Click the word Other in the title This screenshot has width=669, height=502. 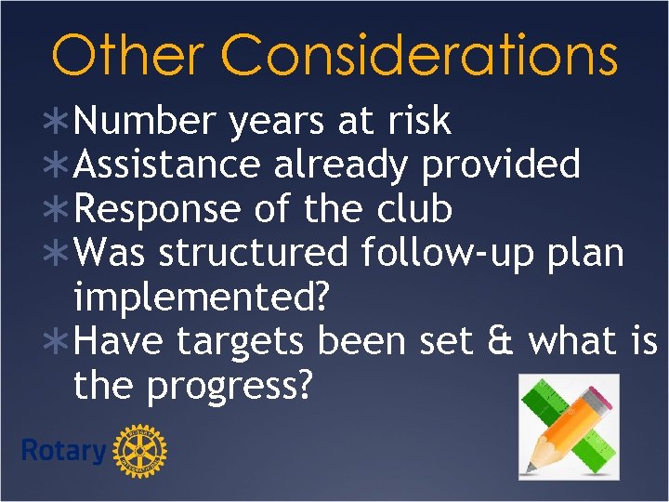[125, 55]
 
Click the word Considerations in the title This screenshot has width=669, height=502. [419, 55]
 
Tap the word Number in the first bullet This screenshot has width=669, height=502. [144, 121]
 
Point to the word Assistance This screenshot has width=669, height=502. [167, 165]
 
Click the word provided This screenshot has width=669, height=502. [502, 165]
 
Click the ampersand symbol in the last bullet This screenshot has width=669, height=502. [503, 341]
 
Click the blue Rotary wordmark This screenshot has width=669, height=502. [63, 452]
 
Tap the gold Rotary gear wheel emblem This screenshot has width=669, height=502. [139, 452]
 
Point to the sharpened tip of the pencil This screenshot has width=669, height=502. [532, 465]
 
